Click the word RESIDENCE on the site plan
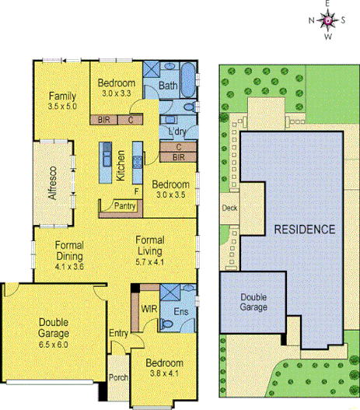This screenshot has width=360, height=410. point(303,230)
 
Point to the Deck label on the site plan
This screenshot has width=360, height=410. point(229,208)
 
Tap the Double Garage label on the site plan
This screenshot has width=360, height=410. point(253,302)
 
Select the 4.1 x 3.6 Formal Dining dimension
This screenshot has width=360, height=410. point(69,266)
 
